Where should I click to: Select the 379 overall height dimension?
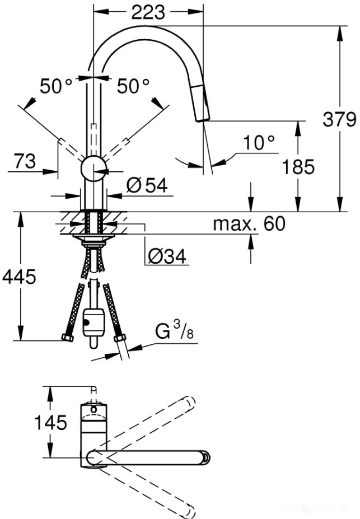[339, 119]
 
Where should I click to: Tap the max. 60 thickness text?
[249, 224]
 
